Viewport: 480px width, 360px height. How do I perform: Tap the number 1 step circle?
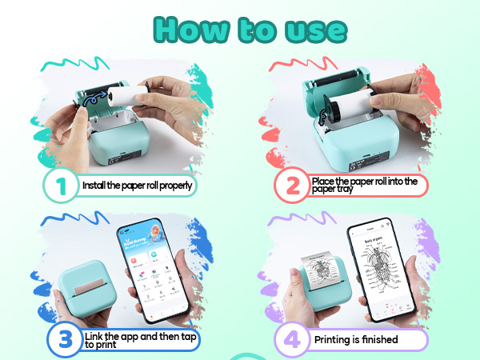[x=62, y=186]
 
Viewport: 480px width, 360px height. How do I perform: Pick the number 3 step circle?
[x=62, y=338]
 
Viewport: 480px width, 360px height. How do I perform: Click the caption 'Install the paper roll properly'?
[x=138, y=186]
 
